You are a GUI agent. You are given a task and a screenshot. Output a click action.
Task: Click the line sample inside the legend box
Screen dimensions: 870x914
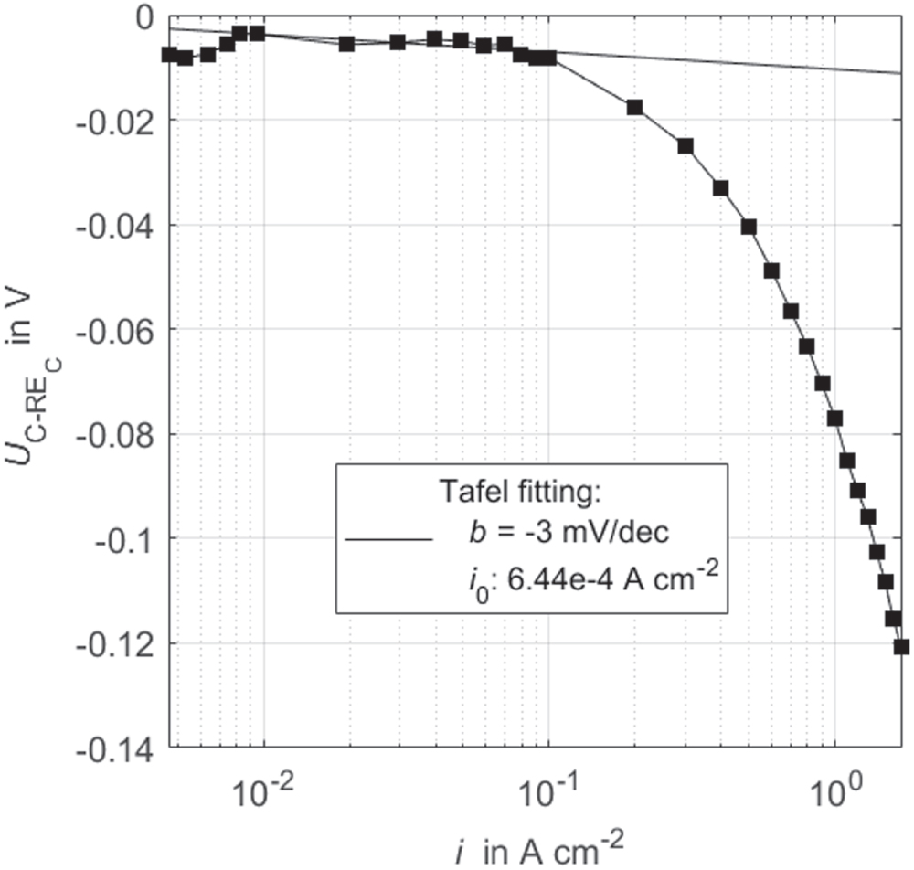[x=388, y=540]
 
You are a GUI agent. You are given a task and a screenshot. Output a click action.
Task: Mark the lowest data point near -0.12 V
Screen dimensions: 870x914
[x=901, y=647]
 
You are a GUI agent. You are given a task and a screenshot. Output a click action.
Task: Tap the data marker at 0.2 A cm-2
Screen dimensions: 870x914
[x=634, y=107]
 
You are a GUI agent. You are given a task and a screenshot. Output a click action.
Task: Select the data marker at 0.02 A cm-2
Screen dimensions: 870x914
[x=346, y=43]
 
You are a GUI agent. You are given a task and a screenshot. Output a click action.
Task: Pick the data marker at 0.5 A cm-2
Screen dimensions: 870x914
[x=749, y=227]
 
